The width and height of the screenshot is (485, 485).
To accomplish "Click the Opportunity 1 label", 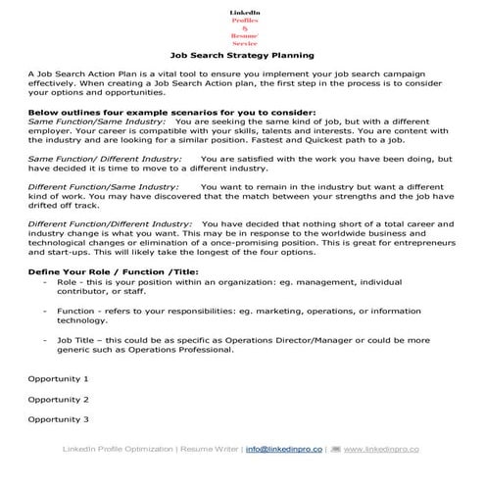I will (x=58, y=377).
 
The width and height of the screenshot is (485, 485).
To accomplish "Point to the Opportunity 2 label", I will (x=58, y=399).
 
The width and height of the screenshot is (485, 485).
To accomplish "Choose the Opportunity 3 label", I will (x=58, y=419).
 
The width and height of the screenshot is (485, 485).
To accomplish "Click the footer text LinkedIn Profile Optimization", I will (x=114, y=450).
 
